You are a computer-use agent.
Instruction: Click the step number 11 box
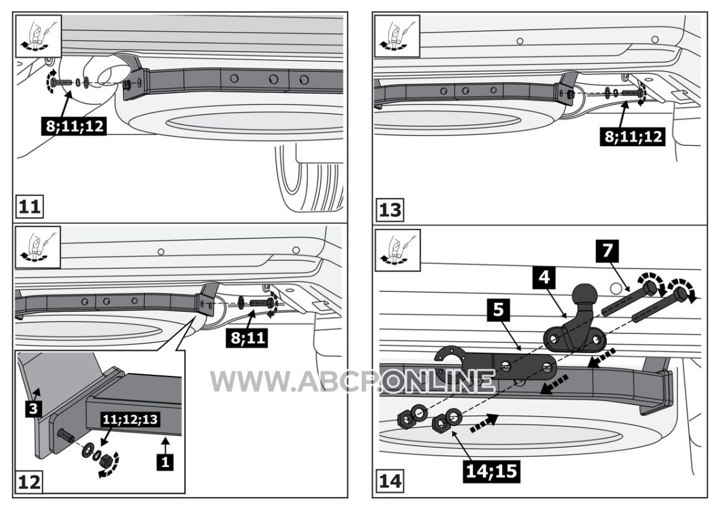[x=29, y=207]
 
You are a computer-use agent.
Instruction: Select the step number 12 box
[x=29, y=482]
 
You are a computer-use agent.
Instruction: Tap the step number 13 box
[x=391, y=210]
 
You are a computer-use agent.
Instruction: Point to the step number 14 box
[x=391, y=482]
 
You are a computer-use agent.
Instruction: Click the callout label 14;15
[x=491, y=470]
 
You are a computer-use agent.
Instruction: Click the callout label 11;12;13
[x=130, y=419]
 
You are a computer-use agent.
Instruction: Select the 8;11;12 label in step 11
[x=75, y=125]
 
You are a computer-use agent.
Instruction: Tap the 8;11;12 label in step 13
[x=634, y=136]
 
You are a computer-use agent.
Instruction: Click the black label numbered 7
[x=607, y=251]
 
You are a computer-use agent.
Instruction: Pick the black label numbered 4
[x=544, y=277]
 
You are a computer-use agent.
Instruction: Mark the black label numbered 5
[x=498, y=310]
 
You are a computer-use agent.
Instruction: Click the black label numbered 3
[x=33, y=408]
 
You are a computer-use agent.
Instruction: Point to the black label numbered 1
[x=165, y=462]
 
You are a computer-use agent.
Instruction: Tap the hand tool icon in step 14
[x=398, y=250]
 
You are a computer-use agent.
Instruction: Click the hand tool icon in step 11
[x=39, y=32]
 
